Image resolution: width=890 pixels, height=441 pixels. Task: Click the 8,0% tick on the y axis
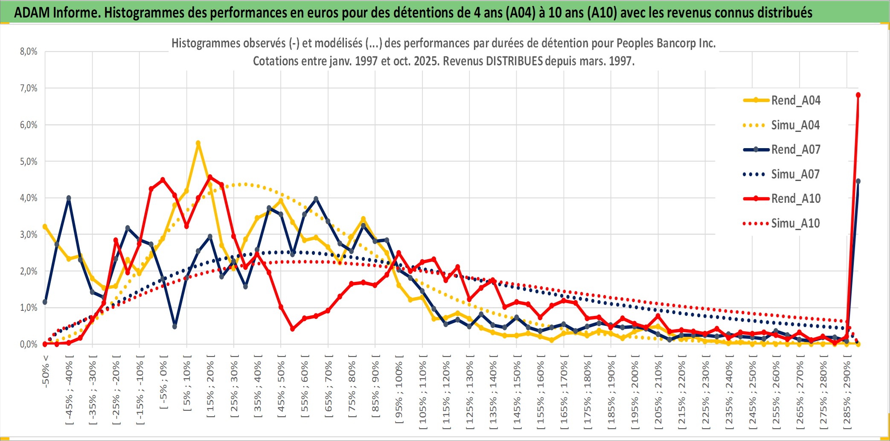29,52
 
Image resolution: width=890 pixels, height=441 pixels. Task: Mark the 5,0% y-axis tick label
29,161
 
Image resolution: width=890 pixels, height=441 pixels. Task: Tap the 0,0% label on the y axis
29,344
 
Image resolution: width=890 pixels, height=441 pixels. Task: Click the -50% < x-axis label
45,371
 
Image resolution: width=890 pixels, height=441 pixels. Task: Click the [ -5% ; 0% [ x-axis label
163,382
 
